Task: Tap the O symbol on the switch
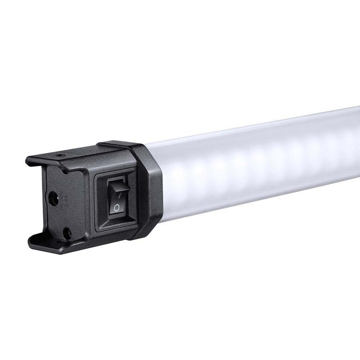click(117, 207)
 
